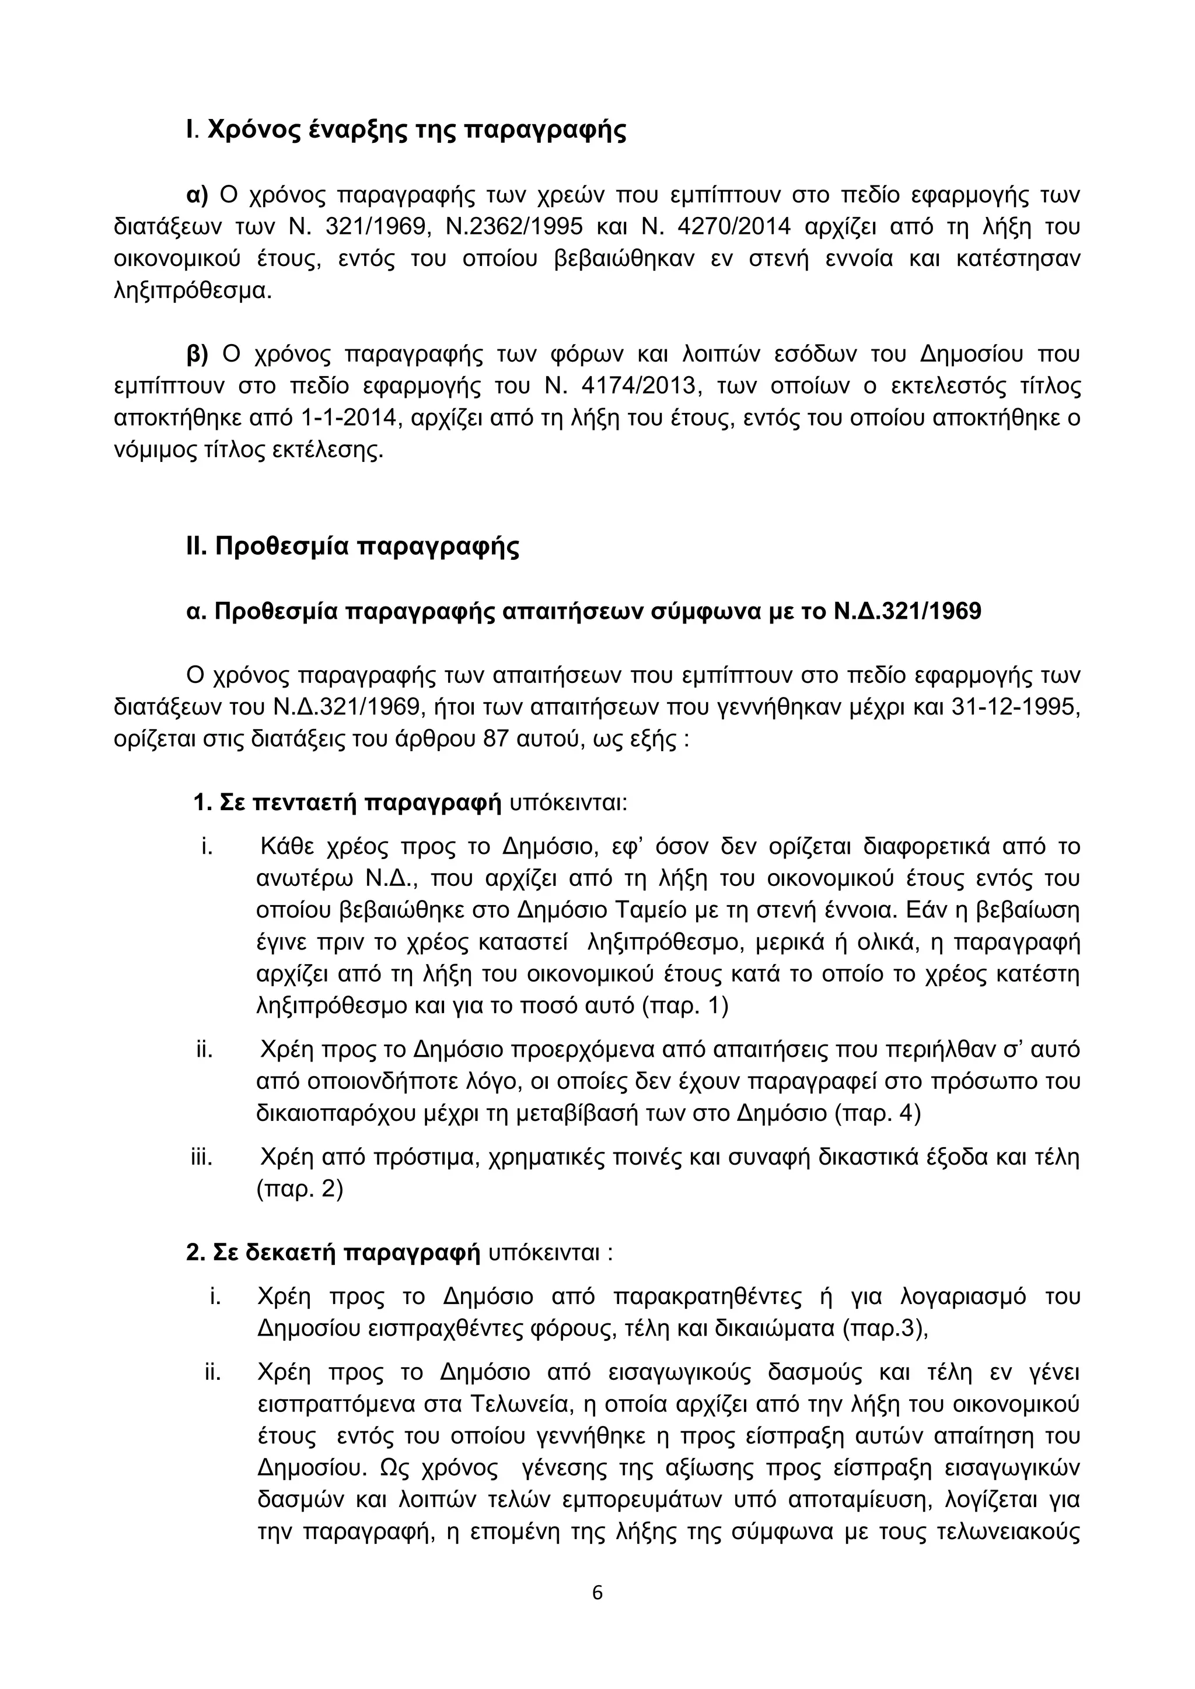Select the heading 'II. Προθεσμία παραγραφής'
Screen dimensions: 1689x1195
coord(352,547)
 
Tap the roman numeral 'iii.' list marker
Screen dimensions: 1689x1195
coord(202,1158)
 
